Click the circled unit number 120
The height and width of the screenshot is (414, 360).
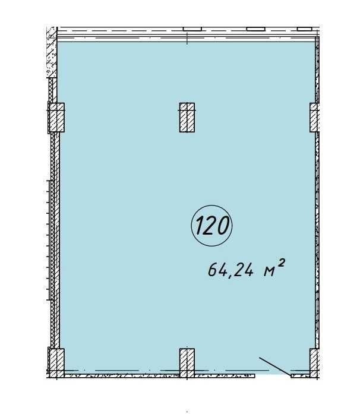click(x=211, y=226)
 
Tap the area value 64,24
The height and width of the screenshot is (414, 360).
click(x=231, y=270)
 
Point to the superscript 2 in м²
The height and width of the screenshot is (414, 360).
click(x=282, y=263)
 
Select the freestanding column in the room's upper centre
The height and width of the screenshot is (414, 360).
click(x=187, y=118)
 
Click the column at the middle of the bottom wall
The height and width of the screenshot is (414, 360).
click(x=187, y=363)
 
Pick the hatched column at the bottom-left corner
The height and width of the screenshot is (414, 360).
click(x=56, y=363)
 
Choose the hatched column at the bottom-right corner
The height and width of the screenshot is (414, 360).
click(x=315, y=363)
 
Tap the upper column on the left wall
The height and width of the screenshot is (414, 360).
click(x=56, y=118)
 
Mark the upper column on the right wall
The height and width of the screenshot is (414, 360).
click(x=315, y=118)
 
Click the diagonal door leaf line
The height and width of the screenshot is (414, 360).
click(x=275, y=366)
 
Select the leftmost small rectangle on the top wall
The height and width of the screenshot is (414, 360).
click(x=192, y=29)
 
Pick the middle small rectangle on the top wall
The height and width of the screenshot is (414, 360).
click(x=255, y=29)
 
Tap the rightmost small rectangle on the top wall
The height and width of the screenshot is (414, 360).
click(x=305, y=29)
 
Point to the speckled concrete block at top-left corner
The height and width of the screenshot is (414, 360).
click(x=52, y=52)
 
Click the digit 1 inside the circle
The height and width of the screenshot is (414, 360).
click(x=200, y=226)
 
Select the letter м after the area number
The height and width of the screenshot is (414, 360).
click(x=270, y=271)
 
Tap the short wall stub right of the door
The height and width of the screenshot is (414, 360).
click(x=301, y=376)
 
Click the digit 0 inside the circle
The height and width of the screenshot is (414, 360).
click(x=222, y=226)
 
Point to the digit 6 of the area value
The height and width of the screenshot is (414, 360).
click(x=212, y=270)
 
